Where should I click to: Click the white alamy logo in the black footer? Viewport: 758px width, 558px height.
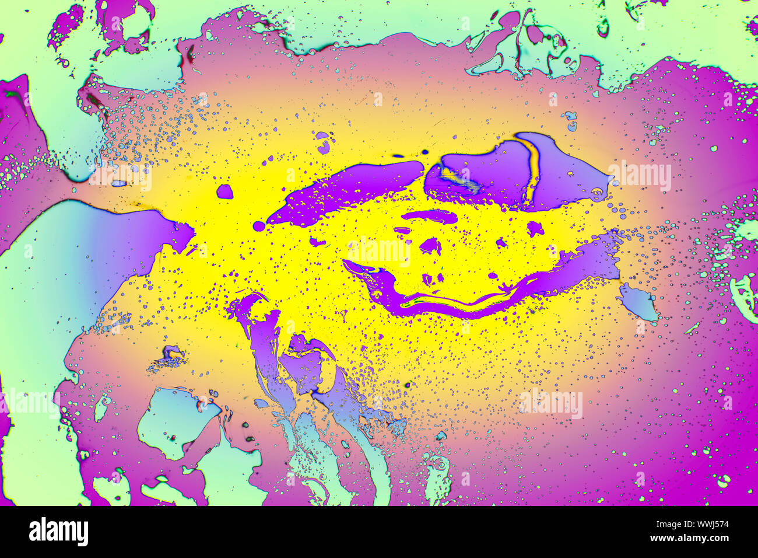pyautogui.click(x=58, y=532)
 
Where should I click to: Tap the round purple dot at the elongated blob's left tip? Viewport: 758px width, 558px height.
pyautogui.click(x=259, y=225)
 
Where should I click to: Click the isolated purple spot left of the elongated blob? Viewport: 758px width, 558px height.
pyautogui.click(x=224, y=191)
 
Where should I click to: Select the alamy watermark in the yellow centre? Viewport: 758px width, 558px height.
pyautogui.click(x=379, y=252)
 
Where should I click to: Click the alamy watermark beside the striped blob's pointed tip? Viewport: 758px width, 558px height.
pyautogui.click(x=640, y=177)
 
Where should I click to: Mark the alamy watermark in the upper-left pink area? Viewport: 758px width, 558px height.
pyautogui.click(x=120, y=177)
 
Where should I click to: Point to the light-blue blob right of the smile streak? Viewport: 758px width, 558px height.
pyautogui.click(x=638, y=302)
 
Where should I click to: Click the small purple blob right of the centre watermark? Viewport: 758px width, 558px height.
pyautogui.click(x=430, y=246)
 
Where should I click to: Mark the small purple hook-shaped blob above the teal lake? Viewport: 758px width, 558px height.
pyautogui.click(x=173, y=352)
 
